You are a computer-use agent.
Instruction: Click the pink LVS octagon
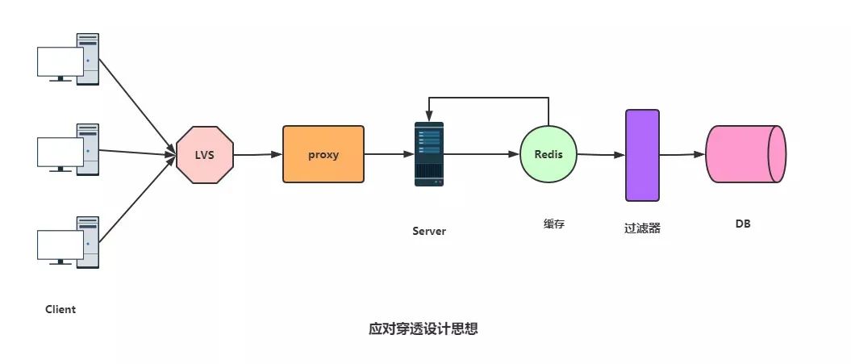pyautogui.click(x=205, y=154)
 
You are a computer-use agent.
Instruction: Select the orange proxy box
pyautogui.click(x=323, y=153)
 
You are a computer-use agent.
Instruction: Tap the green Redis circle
pyautogui.click(x=549, y=153)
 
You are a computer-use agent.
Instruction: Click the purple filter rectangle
pyautogui.click(x=643, y=155)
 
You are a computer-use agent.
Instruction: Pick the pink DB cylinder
pyautogui.click(x=745, y=153)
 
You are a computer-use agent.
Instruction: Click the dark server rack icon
pyautogui.click(x=429, y=154)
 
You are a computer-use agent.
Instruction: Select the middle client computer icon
pyautogui.click(x=68, y=149)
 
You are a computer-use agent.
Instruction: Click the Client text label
pyautogui.click(x=60, y=309)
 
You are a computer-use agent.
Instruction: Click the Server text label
pyautogui.click(x=429, y=231)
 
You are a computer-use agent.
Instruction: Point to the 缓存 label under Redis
pyautogui.click(x=554, y=224)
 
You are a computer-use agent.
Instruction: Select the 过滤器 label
pyautogui.click(x=642, y=228)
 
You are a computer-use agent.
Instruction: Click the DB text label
pyautogui.click(x=743, y=224)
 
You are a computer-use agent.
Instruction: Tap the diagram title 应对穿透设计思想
pyautogui.click(x=423, y=329)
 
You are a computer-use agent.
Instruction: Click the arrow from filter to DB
pyautogui.click(x=682, y=154)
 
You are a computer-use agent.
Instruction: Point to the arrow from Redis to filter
pyautogui.click(x=601, y=154)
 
